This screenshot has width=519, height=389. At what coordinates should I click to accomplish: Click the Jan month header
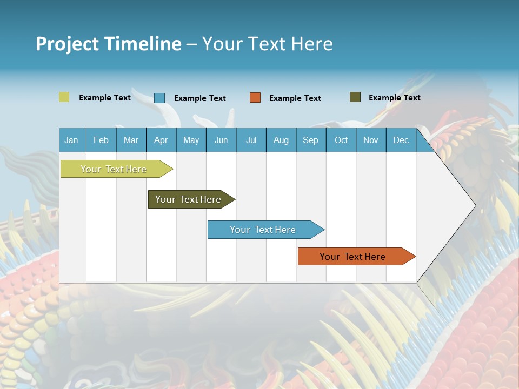point(72,140)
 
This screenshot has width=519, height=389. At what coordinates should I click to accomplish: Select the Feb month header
point(101,140)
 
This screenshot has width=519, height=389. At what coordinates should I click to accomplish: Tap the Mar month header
point(131,140)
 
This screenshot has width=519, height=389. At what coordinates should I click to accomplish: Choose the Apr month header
point(161,140)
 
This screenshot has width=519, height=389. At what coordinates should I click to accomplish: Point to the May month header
point(191,140)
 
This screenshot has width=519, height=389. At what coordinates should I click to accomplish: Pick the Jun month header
point(221,140)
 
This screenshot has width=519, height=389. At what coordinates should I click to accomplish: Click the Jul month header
point(251,140)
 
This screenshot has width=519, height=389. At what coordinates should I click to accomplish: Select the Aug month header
point(281,140)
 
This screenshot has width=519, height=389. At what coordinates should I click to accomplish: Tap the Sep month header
point(311,140)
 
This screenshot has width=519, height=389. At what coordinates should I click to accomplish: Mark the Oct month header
point(341,140)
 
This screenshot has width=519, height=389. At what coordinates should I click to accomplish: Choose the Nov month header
point(371,140)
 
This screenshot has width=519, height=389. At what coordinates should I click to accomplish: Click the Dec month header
point(401,140)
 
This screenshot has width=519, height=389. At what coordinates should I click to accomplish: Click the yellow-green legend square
point(64,97)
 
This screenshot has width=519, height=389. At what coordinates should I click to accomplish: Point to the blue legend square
point(159,98)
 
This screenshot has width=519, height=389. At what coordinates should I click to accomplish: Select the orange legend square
point(255,98)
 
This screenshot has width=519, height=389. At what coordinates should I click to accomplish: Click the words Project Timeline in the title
point(109,44)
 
